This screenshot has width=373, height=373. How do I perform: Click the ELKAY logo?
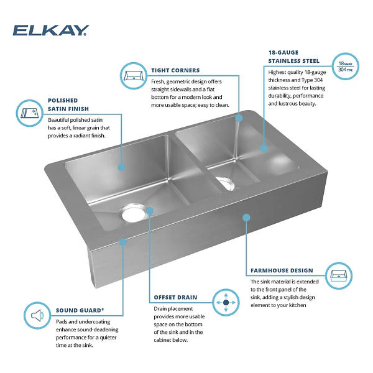pyautogui.click(x=51, y=30)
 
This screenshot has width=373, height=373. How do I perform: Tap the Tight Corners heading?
pyautogui.click(x=175, y=70)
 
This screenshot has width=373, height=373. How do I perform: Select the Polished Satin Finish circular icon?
pyautogui.click(x=29, y=113)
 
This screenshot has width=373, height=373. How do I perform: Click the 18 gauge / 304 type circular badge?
pyautogui.click(x=345, y=67)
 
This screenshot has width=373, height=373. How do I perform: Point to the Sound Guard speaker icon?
pyautogui.click(x=37, y=316)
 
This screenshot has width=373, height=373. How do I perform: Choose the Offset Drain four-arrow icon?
pyautogui.click(x=226, y=302)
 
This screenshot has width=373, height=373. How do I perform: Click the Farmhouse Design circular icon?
pyautogui.click(x=339, y=276)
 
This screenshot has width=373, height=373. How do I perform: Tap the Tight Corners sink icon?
pyautogui.click(x=134, y=76)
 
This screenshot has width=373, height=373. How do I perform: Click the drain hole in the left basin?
pyautogui.click(x=133, y=213)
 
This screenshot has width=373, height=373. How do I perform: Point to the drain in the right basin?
pyautogui.click(x=225, y=183)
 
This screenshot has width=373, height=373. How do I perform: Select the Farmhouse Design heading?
pyautogui.click(x=282, y=270)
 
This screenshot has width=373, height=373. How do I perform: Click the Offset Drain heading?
pyautogui.click(x=175, y=297)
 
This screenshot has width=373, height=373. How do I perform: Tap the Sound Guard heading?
pyautogui.click(x=80, y=310)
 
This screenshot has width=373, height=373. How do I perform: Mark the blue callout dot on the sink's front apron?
pyautogui.click(x=246, y=217)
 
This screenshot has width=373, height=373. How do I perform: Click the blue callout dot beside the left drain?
pyautogui.click(x=149, y=211)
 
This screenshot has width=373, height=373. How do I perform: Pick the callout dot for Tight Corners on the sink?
pyautogui.click(x=239, y=118)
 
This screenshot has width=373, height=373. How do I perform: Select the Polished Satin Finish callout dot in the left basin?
pyautogui.click(x=122, y=167)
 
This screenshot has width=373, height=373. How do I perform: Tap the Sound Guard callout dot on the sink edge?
pyautogui.click(x=122, y=242)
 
